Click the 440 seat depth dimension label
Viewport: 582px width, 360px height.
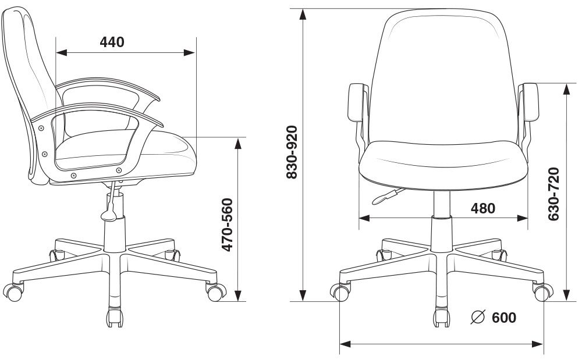(x=112, y=42)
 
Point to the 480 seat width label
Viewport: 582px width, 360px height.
(x=482, y=208)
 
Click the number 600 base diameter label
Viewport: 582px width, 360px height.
(x=504, y=318)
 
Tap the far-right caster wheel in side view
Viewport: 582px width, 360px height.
(x=217, y=291)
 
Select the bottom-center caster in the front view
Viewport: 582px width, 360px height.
(x=442, y=318)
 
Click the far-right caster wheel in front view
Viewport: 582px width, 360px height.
(x=542, y=292)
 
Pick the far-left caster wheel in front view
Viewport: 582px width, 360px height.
(x=340, y=292)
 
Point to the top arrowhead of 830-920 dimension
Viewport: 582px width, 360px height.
(x=303, y=14)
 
